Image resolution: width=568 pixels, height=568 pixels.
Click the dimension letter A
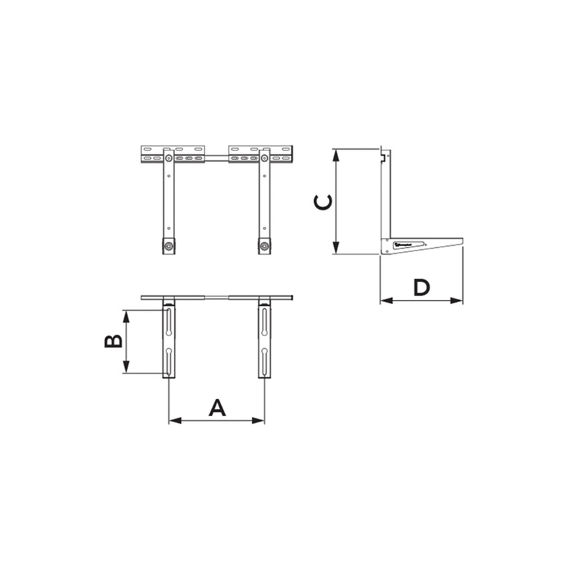217,407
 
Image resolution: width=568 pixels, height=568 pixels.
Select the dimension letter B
114,341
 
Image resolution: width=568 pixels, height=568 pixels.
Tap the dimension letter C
323,202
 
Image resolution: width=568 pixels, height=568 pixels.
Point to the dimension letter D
421,287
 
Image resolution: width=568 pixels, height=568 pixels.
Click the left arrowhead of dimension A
174,420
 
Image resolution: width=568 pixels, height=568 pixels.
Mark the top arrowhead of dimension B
126,315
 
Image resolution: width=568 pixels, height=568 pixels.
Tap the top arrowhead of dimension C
336,154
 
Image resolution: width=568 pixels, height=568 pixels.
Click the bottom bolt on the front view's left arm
168,247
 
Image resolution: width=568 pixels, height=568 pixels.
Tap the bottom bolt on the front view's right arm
265,247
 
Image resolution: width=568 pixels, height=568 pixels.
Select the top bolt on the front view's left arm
168,158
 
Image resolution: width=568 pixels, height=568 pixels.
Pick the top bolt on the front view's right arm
265,158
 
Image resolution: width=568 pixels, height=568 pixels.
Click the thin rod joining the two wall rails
217,158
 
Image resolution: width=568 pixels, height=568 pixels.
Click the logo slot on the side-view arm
408,245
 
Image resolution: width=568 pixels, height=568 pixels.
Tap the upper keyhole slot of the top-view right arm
265,322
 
